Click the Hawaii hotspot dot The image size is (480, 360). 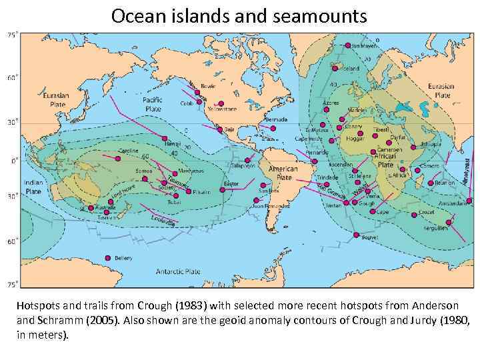(165, 138)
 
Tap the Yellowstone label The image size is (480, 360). (222, 109)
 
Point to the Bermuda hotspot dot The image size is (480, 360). (273, 128)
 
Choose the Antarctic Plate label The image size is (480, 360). (178, 271)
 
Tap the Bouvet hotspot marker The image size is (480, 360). (356, 235)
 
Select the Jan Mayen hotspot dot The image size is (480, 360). (347, 45)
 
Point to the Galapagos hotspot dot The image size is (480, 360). (247, 160)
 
